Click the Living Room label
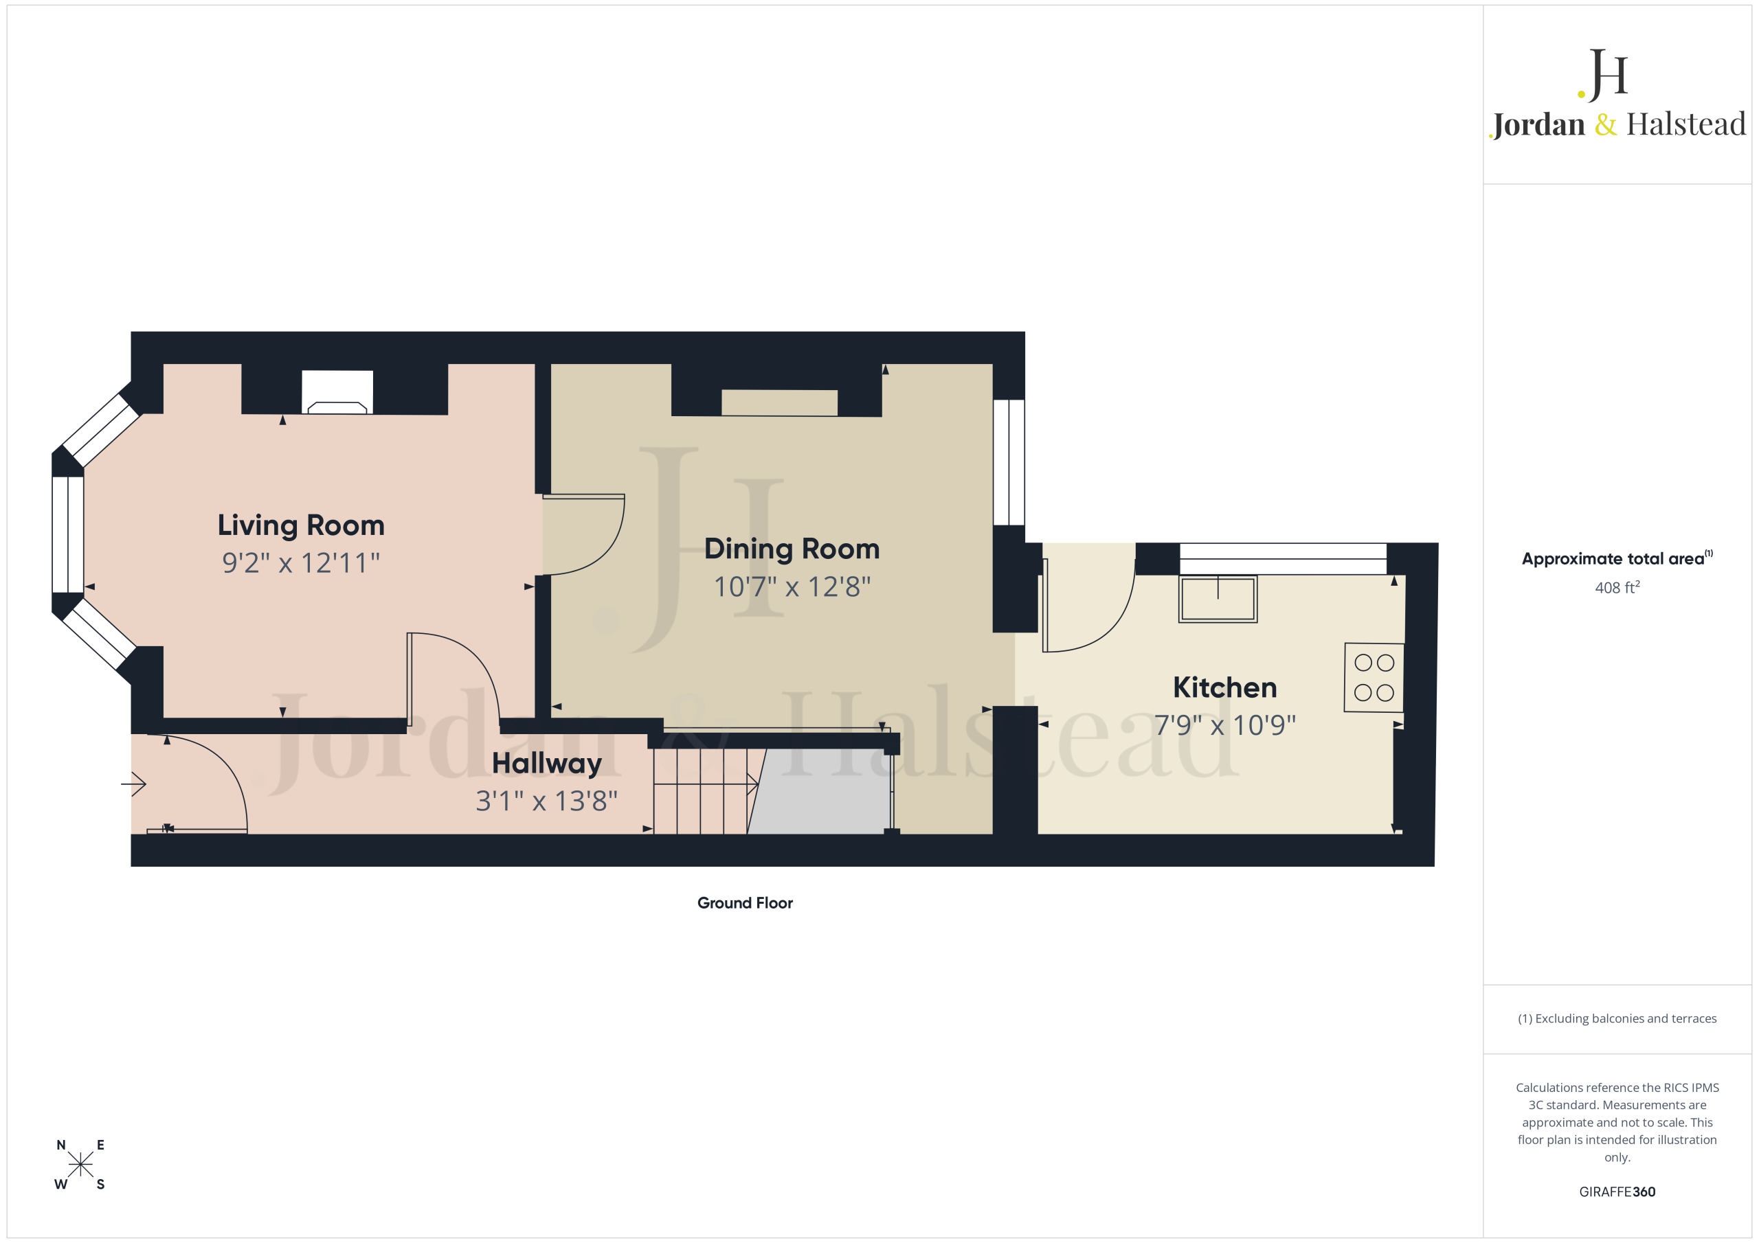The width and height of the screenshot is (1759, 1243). (x=301, y=526)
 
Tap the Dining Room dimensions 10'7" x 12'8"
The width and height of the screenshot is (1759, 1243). (x=792, y=587)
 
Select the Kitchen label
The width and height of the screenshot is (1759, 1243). (x=1225, y=687)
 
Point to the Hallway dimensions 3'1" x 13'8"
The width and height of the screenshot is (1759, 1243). (x=546, y=801)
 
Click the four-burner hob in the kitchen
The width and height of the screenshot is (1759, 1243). (x=1374, y=678)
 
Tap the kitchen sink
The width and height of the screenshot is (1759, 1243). (x=1218, y=599)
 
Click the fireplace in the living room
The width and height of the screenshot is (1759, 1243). (x=337, y=392)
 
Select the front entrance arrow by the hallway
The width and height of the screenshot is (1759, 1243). (x=134, y=784)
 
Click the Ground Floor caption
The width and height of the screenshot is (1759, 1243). (x=745, y=903)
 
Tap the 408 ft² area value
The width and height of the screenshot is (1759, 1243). (x=1617, y=587)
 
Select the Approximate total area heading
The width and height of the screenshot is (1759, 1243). (x=1617, y=558)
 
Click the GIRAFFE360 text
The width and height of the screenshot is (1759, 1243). (x=1617, y=1191)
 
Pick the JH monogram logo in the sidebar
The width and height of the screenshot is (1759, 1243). (x=1603, y=75)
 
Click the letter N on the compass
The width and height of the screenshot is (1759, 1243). (x=61, y=1145)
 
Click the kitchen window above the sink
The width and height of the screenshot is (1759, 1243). (x=1284, y=558)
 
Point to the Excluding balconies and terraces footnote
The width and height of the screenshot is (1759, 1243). (x=1617, y=1018)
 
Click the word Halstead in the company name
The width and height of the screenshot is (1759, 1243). (x=1686, y=124)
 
